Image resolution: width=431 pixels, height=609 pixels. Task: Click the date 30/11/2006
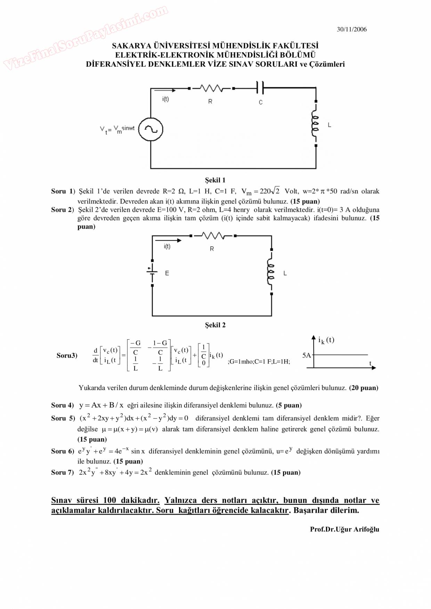(x=351, y=30)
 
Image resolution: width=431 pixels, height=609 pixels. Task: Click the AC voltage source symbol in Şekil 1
(x=151, y=130)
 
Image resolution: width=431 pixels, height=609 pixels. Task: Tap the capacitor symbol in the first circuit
(x=260, y=88)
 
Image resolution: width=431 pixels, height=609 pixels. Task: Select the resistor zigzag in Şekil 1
(x=211, y=89)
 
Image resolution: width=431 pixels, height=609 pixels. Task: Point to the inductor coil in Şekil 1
(x=315, y=124)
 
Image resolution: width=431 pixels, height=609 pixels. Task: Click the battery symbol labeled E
(x=152, y=272)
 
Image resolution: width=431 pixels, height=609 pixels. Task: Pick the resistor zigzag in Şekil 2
(x=213, y=236)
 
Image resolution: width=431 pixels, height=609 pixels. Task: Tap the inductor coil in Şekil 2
(x=271, y=272)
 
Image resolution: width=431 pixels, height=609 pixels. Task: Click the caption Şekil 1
(x=215, y=180)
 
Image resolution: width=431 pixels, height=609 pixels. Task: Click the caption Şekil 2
(x=215, y=325)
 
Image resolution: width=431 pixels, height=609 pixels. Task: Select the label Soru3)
(x=67, y=356)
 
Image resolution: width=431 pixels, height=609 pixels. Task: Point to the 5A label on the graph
(x=306, y=356)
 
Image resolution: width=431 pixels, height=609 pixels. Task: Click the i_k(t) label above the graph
(x=326, y=340)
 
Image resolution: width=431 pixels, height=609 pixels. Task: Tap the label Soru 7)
(x=63, y=473)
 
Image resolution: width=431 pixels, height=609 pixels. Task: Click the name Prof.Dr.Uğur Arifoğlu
(x=344, y=529)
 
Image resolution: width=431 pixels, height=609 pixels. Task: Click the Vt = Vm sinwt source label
(x=117, y=130)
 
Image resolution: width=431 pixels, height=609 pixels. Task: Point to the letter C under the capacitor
(x=261, y=102)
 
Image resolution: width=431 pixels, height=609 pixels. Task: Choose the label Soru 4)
(x=63, y=405)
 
